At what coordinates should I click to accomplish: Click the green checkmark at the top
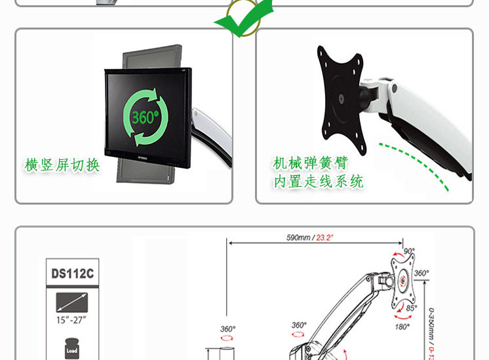point(243,18)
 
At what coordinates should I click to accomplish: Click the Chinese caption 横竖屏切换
point(62,165)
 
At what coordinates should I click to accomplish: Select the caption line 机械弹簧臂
point(310,163)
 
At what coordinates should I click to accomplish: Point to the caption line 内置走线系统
point(318,182)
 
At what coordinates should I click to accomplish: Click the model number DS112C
point(72,273)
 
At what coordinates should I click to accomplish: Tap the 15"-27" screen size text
point(71,321)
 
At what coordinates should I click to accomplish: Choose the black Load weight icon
point(71,348)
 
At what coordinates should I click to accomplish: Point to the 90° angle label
point(409,251)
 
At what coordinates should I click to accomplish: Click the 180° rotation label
point(402,327)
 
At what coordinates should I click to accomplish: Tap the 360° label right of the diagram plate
point(421,273)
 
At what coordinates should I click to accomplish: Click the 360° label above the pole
point(227,329)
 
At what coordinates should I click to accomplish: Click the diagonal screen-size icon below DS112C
point(71,302)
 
